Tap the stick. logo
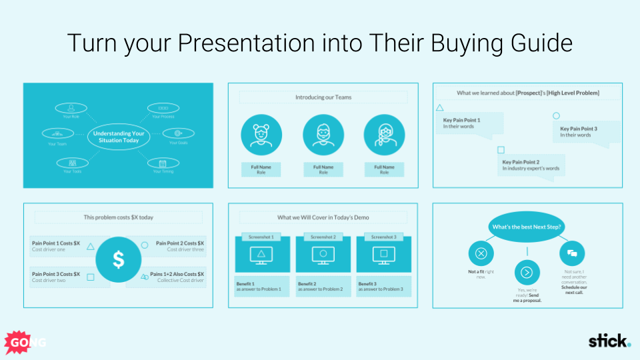tap(609, 341)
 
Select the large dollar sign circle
tap(118, 259)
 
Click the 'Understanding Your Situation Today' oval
tap(117, 137)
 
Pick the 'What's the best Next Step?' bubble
tap(526, 227)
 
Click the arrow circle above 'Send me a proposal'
tap(526, 272)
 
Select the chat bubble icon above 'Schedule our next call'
tap(572, 253)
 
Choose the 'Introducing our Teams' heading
tap(323, 97)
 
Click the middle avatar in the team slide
tap(323, 135)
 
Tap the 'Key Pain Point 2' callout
tap(531, 165)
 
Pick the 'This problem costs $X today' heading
tap(118, 217)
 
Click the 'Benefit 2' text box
tap(323, 286)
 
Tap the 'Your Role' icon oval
tap(71, 107)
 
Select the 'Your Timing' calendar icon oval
tap(163, 162)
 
